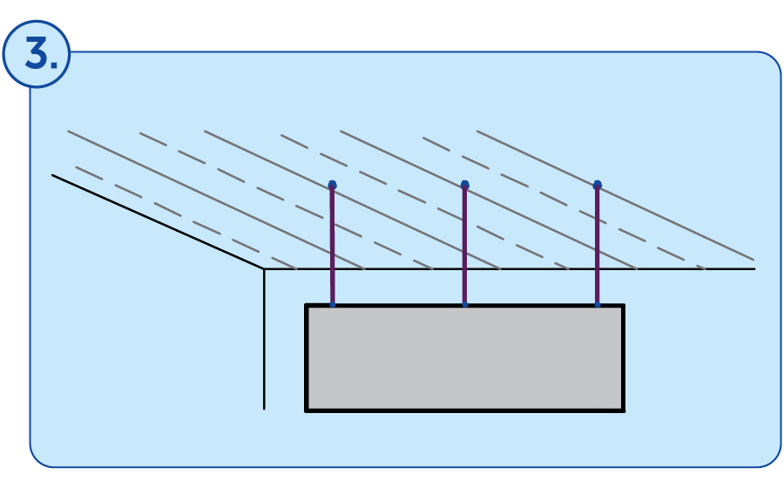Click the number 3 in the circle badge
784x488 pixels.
click(x=37, y=53)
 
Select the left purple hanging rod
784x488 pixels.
click(x=332, y=245)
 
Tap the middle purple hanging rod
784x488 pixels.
click(x=464, y=245)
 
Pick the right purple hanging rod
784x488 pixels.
click(x=597, y=245)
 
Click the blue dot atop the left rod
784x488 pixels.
click(x=333, y=185)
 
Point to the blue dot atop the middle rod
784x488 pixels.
click(x=465, y=185)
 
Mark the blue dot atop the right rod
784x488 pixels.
click(x=597, y=185)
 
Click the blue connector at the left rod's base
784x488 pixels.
click(x=333, y=304)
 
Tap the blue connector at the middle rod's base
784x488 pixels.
click(x=465, y=304)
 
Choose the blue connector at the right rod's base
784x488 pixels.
click(x=598, y=304)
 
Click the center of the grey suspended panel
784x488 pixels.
click(x=465, y=358)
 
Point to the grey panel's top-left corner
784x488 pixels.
click(x=306, y=304)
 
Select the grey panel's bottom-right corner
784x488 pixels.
click(x=624, y=411)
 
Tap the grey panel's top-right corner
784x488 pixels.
click(x=624, y=304)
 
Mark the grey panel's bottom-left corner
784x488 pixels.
click(x=306, y=411)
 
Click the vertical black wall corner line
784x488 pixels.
click(x=264, y=339)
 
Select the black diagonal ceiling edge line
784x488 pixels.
click(x=158, y=222)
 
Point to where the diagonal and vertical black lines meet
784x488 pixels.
click(x=264, y=269)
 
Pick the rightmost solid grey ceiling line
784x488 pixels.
click(x=616, y=195)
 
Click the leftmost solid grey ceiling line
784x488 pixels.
click(x=216, y=200)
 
